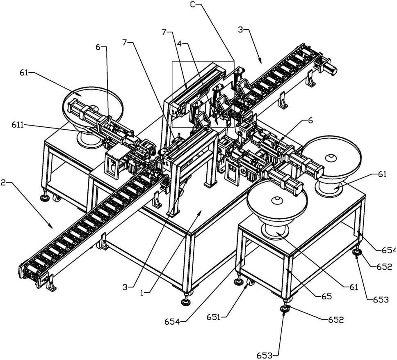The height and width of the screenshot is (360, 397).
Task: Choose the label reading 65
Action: pyautogui.click(x=325, y=295)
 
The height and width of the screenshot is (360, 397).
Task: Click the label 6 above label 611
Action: pyautogui.click(x=98, y=48)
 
